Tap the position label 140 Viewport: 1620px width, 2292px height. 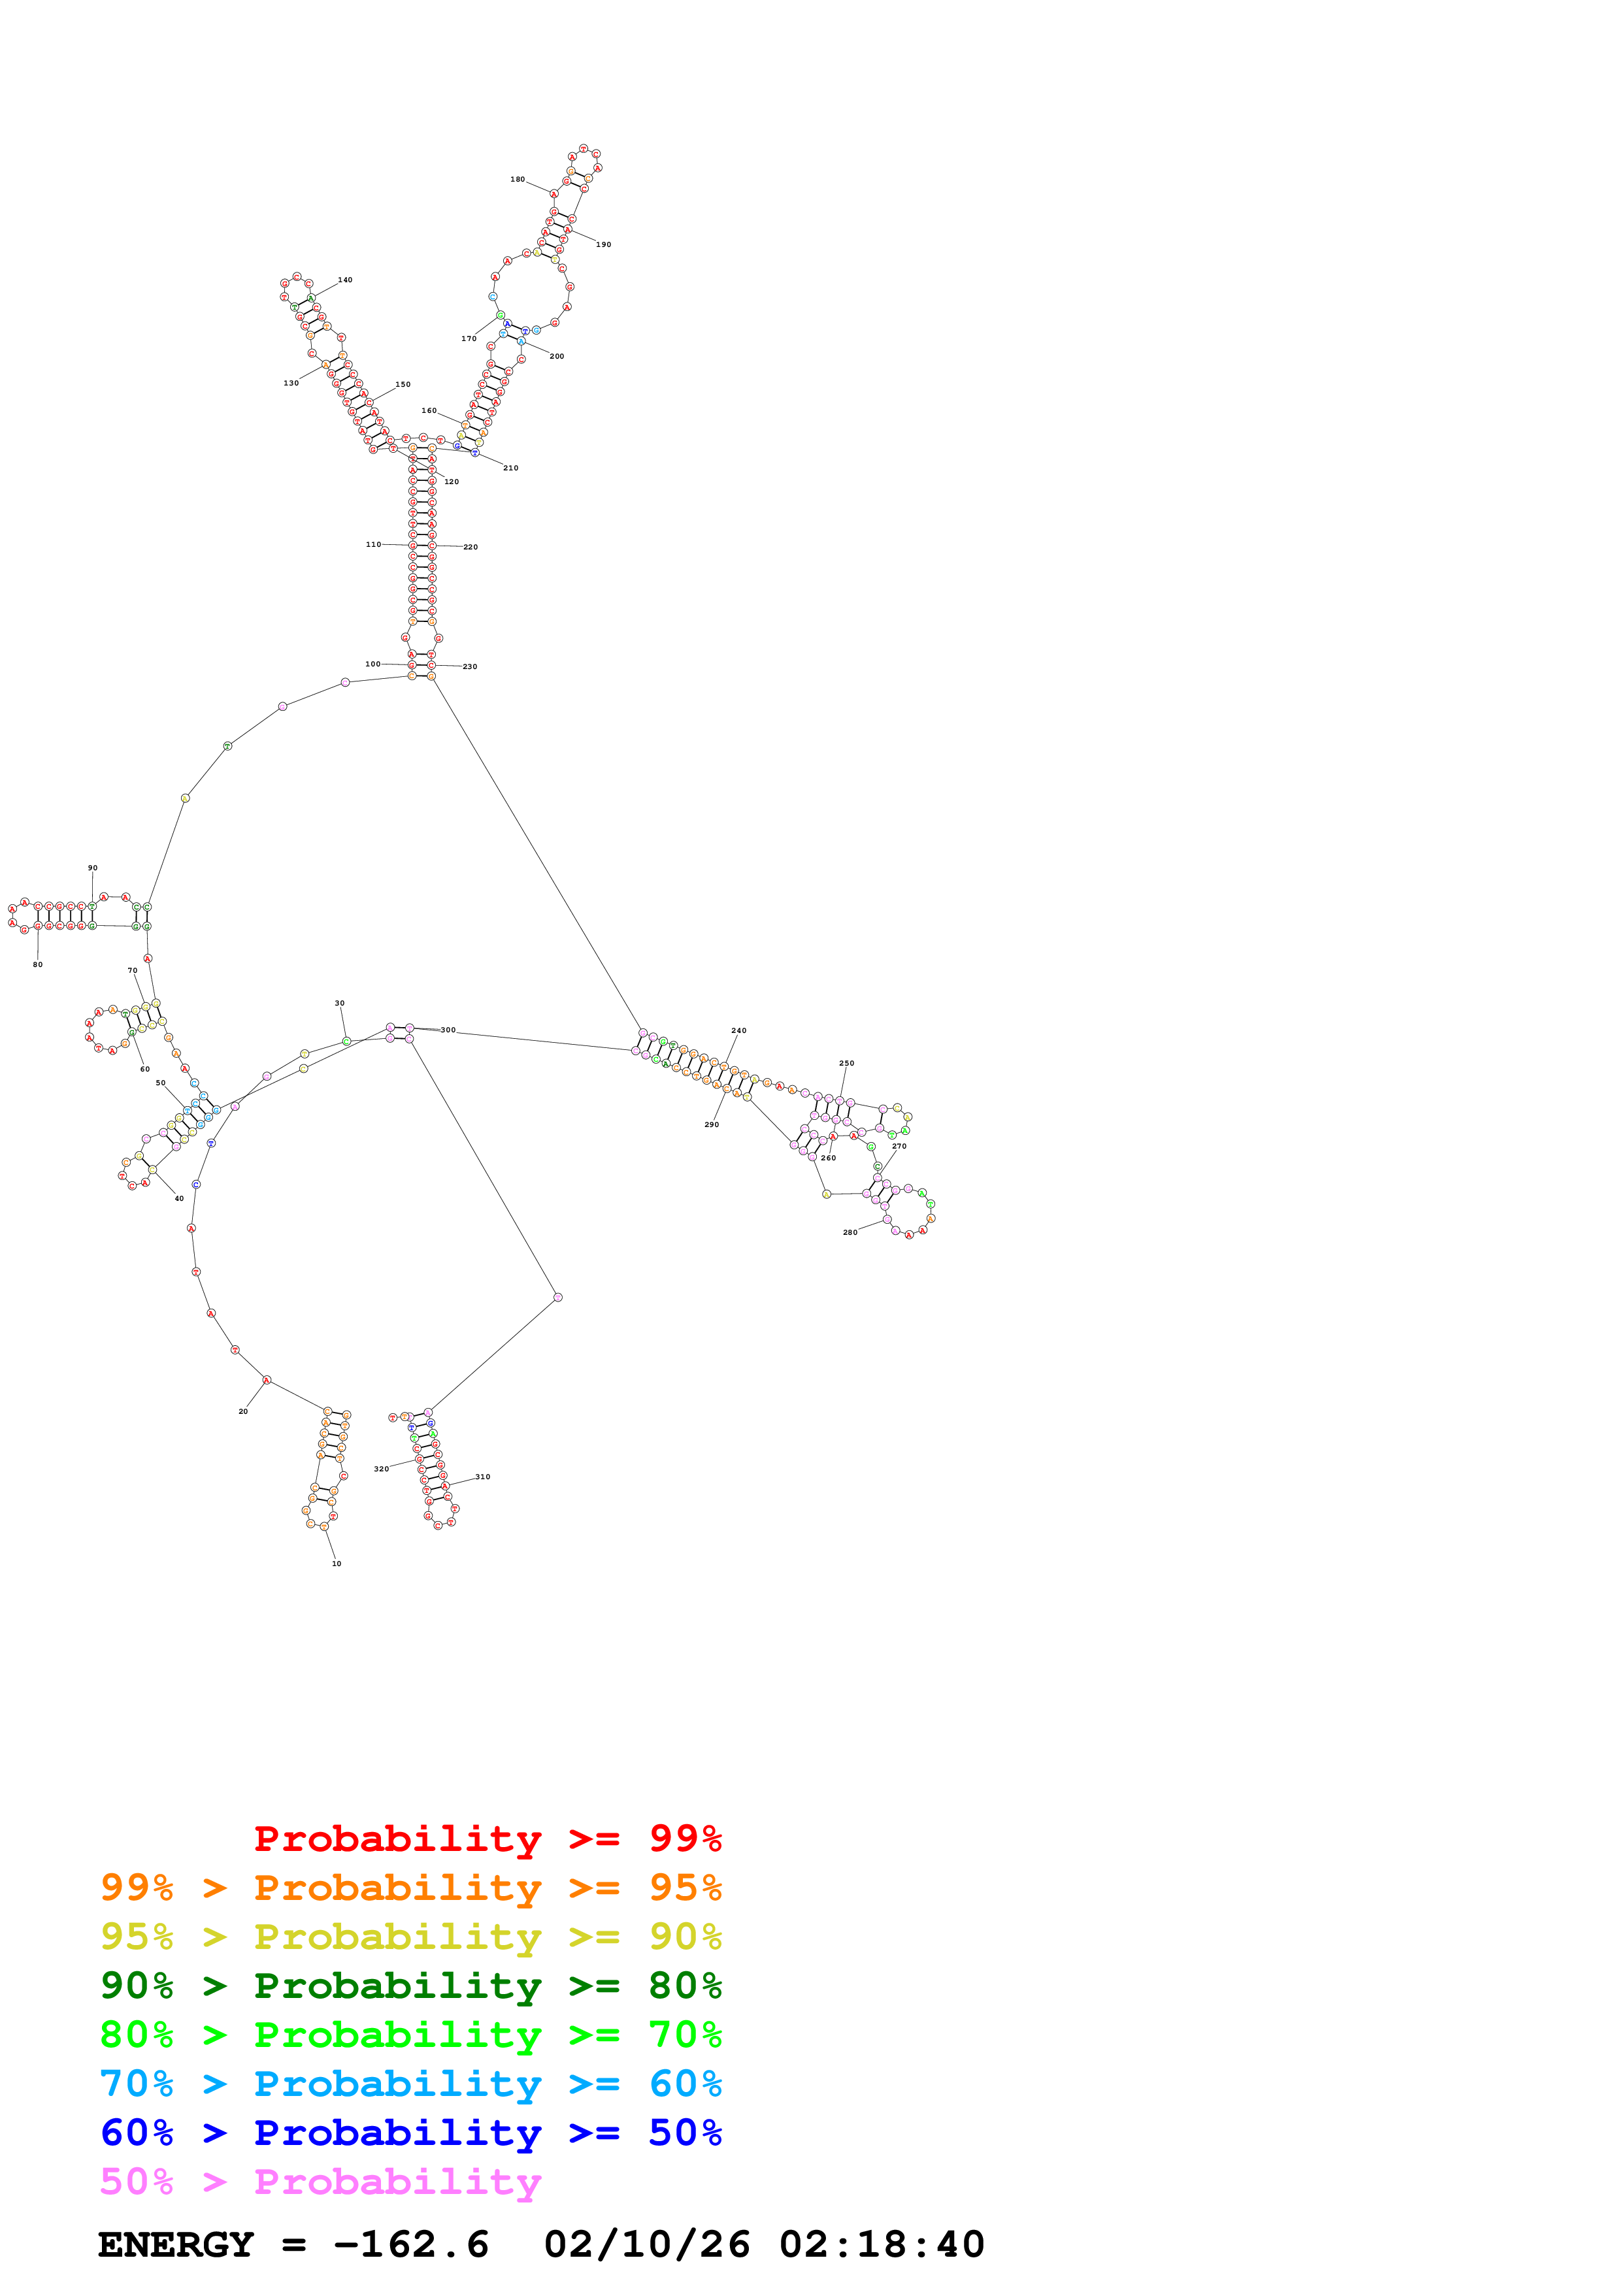coord(344,280)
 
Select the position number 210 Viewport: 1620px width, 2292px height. coord(510,468)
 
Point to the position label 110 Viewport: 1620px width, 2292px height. coord(372,545)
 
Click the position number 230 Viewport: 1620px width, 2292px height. coord(469,667)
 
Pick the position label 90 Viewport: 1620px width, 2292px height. coord(93,868)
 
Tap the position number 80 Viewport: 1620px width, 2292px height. coord(38,965)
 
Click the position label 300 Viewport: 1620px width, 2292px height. coord(448,1030)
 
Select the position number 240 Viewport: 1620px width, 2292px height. coord(738,1031)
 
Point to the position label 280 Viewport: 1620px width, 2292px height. coord(850,1233)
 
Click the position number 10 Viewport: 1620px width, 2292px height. coord(337,1564)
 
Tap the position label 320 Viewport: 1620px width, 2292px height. coord(381,1469)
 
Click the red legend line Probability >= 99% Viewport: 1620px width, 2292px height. coord(487,1838)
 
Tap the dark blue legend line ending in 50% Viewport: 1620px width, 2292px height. coord(410,2133)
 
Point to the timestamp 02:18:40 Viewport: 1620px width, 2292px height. coord(882,2245)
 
